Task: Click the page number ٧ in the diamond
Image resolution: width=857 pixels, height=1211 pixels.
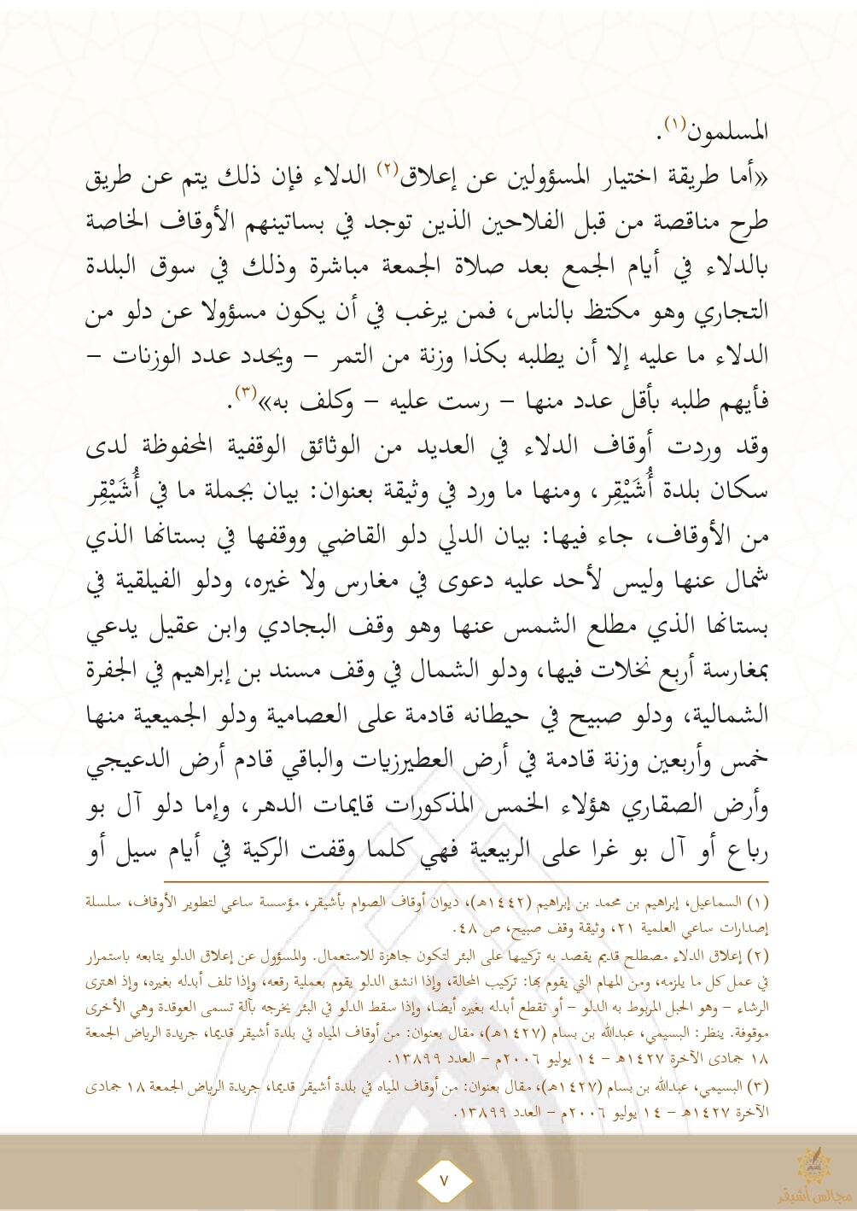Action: click(443, 1181)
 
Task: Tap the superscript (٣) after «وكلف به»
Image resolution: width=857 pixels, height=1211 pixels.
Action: click(246, 393)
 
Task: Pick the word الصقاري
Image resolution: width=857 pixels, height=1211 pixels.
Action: click(653, 804)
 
